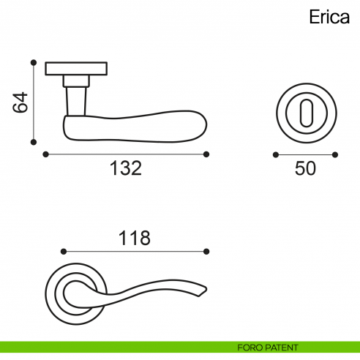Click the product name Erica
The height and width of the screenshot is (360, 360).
[x=328, y=18]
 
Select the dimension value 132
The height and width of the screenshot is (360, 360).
[x=125, y=168]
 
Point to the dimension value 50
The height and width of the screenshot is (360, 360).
[x=305, y=168]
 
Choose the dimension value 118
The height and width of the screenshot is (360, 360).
[x=134, y=238]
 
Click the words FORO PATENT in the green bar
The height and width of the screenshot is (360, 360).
[x=268, y=347]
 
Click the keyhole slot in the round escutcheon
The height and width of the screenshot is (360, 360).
[x=305, y=111]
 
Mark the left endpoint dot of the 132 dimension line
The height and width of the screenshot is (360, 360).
[x=45, y=154]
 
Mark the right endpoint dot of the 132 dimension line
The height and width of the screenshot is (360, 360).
[x=206, y=154]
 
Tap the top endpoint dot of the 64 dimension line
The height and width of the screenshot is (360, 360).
[x=33, y=63]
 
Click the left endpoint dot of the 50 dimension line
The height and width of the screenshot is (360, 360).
[x=275, y=154]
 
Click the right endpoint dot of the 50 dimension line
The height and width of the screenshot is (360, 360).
[x=335, y=154]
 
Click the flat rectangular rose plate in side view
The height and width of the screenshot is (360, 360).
[x=77, y=69]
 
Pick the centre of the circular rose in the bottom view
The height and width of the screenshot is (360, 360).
[x=75, y=293]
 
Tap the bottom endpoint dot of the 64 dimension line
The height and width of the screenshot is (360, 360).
[x=33, y=142]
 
